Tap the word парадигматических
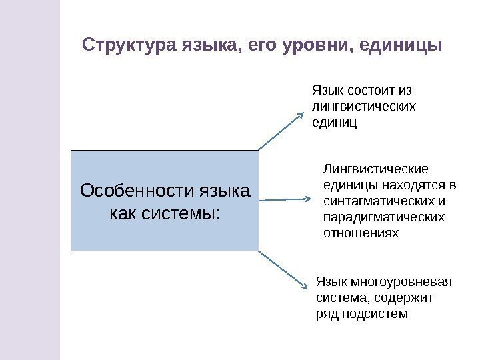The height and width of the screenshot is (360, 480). click(x=383, y=217)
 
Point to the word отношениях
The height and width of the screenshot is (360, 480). click(x=360, y=233)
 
